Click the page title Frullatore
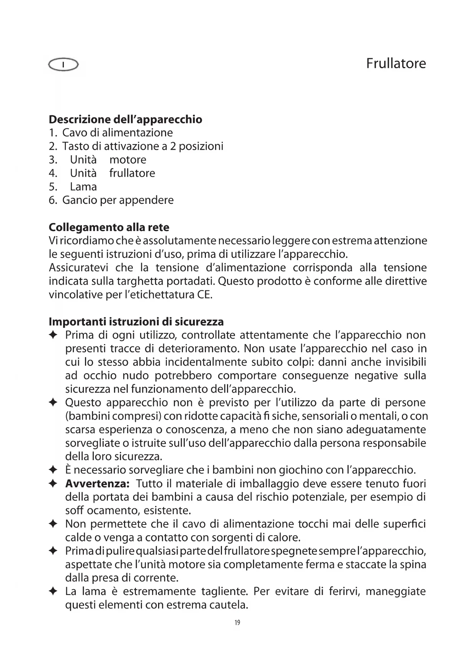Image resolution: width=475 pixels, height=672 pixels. coord(396,64)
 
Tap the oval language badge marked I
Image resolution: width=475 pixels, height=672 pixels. coord(64,65)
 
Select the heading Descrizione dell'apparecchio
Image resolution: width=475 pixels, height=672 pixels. coord(126,120)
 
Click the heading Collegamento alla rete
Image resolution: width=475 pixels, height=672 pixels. coord(109,227)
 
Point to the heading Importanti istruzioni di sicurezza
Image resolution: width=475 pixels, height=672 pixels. coord(136,321)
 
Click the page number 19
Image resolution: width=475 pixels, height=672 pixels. coord(237,623)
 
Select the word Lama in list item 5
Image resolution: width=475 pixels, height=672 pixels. coord(83,187)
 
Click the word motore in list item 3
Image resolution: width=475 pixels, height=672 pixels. coord(128,160)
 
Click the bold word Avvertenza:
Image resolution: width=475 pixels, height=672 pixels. coord(98,484)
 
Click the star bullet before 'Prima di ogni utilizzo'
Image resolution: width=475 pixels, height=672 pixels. coord(53,335)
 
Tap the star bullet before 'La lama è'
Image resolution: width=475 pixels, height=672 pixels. coord(53,592)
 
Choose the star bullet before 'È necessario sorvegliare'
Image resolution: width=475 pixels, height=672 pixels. coord(53,470)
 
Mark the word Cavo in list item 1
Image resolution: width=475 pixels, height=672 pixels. coord(73,133)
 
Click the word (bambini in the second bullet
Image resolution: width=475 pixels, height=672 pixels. coord(84,416)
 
